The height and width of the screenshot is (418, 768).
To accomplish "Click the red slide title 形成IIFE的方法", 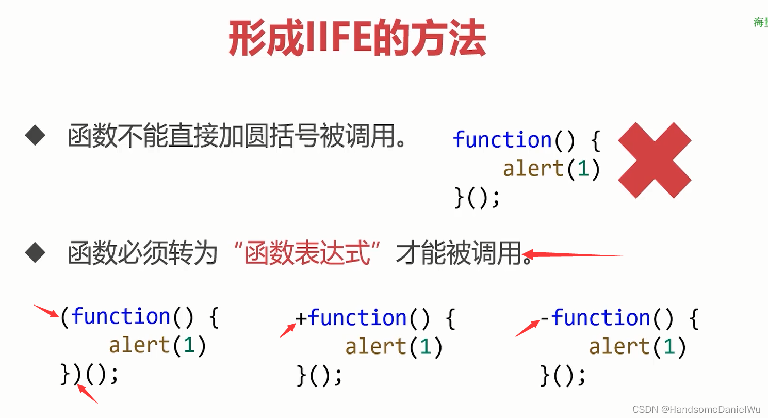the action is pyautogui.click(x=357, y=39).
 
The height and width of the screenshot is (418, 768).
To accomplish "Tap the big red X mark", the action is pyautogui.click(x=654, y=160).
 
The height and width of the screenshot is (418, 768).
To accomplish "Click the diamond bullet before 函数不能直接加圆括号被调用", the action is pyautogui.click(x=35, y=136).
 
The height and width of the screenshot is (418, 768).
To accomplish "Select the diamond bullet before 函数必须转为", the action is pyautogui.click(x=35, y=253).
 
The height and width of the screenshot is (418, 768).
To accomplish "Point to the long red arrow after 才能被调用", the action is pyautogui.click(x=573, y=254).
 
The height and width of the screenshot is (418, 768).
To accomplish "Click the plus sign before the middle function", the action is pyautogui.click(x=301, y=317).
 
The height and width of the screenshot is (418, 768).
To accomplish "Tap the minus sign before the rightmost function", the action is pyautogui.click(x=546, y=317).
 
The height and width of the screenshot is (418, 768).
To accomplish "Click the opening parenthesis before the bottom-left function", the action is pyautogui.click(x=64, y=317).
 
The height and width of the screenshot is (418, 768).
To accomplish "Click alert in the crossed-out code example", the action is pyautogui.click(x=533, y=169).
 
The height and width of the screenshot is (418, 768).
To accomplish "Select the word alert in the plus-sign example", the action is pyautogui.click(x=375, y=346).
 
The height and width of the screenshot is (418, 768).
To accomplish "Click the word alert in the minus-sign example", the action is pyautogui.click(x=619, y=346).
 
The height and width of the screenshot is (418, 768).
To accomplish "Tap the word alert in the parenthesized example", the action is pyautogui.click(x=139, y=345).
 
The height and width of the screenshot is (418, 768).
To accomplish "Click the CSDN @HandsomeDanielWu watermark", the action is pyautogui.click(x=696, y=409).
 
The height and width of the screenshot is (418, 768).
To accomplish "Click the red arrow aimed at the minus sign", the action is pyautogui.click(x=527, y=328).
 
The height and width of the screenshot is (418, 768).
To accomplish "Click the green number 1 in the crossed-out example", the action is pyautogui.click(x=583, y=169).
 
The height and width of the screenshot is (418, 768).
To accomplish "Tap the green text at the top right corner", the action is pyautogui.click(x=760, y=22).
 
